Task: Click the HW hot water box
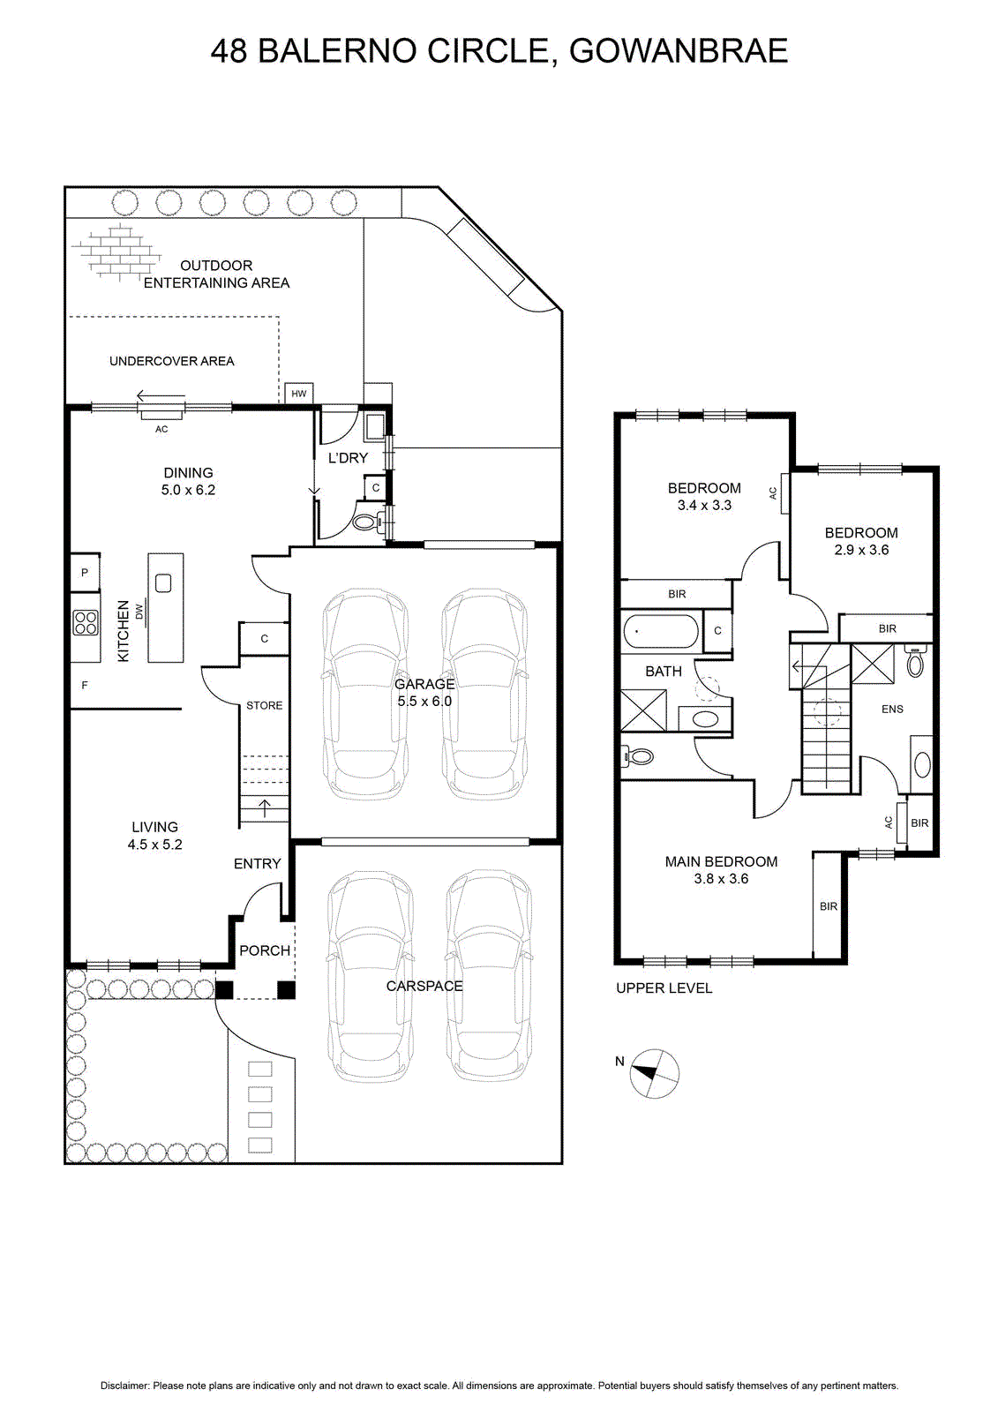click(299, 394)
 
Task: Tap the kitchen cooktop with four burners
click(86, 622)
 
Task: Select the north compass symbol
click(655, 1074)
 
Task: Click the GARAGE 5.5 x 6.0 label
click(424, 692)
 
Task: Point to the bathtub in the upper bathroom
click(660, 632)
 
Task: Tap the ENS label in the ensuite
click(892, 710)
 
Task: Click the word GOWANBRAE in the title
click(679, 52)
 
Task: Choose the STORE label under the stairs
click(264, 705)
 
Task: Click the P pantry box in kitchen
click(85, 573)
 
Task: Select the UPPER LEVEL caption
click(664, 988)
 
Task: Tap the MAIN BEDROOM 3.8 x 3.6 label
click(721, 870)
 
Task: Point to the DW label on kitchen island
click(139, 611)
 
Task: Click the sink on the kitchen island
click(163, 583)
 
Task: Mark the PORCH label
click(265, 950)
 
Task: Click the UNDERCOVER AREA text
click(171, 361)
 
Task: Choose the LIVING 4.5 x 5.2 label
click(154, 835)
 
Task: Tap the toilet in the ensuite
click(915, 661)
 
